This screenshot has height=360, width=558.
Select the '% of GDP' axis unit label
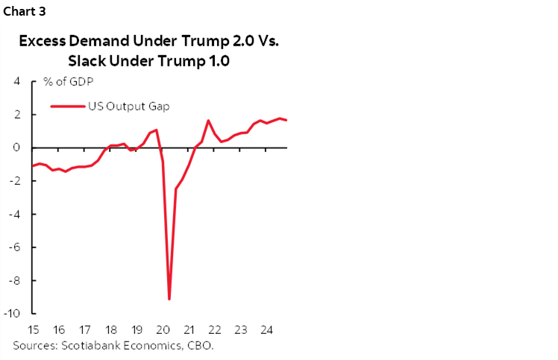(x=63, y=81)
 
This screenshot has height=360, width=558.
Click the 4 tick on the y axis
(x=16, y=81)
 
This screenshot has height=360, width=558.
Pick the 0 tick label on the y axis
(x=16, y=148)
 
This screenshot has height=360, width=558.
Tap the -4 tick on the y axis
(x=14, y=214)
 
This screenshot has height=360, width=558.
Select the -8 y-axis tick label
(x=14, y=280)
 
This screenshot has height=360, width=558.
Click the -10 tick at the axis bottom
(x=13, y=314)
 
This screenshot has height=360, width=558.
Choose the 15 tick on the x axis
(x=34, y=329)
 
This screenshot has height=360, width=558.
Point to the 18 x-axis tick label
(x=111, y=329)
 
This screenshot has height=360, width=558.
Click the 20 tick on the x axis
(x=163, y=329)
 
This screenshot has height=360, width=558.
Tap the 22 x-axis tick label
(x=214, y=329)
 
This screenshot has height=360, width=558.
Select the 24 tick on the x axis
(x=266, y=329)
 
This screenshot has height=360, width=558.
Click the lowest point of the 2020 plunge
(x=169, y=299)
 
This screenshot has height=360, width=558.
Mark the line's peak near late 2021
(x=208, y=120)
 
